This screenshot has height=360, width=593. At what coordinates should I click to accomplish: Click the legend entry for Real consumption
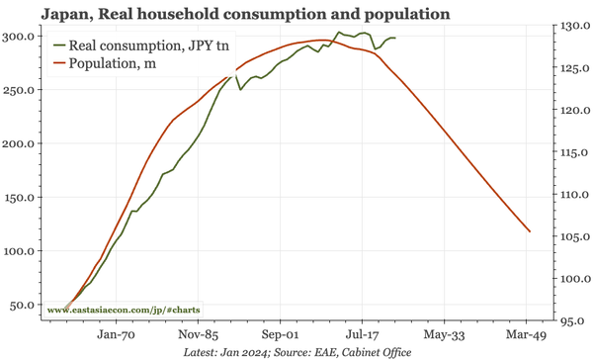click(143, 45)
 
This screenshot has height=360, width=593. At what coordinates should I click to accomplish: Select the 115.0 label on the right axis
click(570, 152)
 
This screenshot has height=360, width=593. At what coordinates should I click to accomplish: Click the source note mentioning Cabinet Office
click(296, 352)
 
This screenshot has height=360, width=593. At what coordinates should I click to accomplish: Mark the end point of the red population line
click(531, 231)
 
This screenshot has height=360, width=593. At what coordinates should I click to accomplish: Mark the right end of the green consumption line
click(394, 38)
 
